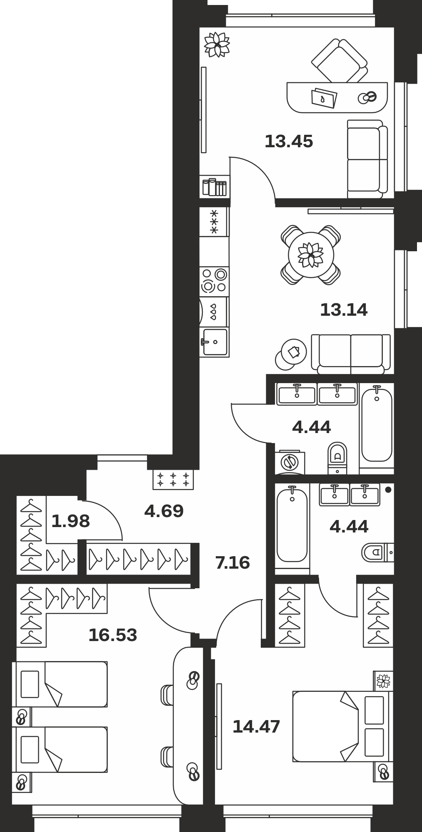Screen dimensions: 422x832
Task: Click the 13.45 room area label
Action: click(289, 142)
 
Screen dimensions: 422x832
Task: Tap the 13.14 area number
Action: click(344, 310)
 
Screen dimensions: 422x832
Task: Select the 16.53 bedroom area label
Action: click(113, 635)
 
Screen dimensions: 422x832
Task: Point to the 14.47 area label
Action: click(256, 727)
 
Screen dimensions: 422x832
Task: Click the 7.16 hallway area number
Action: click(232, 563)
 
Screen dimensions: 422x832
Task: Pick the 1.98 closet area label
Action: click(70, 521)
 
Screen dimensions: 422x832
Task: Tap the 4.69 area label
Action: click(164, 511)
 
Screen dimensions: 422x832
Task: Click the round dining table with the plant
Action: click(311, 255)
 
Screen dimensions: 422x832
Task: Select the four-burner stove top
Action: click(214, 281)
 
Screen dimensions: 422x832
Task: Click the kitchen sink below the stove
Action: click(215, 342)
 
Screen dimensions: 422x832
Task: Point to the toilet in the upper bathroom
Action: click(337, 458)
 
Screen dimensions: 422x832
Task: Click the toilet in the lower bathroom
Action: click(377, 552)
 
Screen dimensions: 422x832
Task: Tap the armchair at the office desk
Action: click(340, 61)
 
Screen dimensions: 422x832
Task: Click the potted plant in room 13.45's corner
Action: click(217, 45)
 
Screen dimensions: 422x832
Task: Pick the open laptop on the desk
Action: click(324, 98)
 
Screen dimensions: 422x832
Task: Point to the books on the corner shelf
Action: click(215, 187)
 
